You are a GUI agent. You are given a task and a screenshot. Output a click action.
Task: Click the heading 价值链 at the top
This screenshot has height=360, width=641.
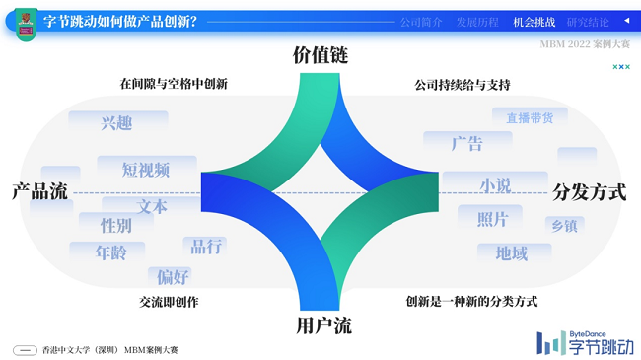(x=320, y=55)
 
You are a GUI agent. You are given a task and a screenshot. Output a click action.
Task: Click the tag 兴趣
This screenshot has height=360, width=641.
(x=116, y=123)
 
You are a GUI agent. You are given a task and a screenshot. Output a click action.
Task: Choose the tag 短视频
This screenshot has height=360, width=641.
(x=145, y=170)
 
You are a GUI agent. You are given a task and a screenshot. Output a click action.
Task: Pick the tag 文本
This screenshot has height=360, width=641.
(x=152, y=207)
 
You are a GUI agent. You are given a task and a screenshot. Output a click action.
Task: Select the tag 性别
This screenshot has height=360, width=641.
(x=115, y=226)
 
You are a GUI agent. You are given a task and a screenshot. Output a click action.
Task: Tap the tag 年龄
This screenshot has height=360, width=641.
(x=110, y=252)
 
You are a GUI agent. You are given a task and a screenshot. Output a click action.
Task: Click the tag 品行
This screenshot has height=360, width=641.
(x=206, y=246)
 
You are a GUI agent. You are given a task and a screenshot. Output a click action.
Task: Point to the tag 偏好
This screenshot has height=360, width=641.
(x=173, y=276)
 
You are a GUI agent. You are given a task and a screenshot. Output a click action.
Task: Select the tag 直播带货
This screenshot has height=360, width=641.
(x=530, y=118)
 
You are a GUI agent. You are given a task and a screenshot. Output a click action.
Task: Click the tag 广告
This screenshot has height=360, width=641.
(x=466, y=144)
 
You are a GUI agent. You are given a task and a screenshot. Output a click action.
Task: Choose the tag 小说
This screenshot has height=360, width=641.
(x=495, y=185)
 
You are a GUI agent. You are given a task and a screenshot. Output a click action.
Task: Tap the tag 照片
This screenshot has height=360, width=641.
(x=492, y=219)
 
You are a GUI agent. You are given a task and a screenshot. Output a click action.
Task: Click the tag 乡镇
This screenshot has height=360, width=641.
(x=563, y=226)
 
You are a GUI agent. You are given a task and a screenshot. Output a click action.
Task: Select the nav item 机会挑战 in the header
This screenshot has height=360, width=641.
(x=534, y=22)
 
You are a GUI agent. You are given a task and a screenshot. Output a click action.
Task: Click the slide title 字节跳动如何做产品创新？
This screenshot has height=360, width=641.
(x=120, y=21)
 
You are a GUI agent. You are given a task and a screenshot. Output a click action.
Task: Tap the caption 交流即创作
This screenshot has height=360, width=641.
(x=169, y=302)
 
